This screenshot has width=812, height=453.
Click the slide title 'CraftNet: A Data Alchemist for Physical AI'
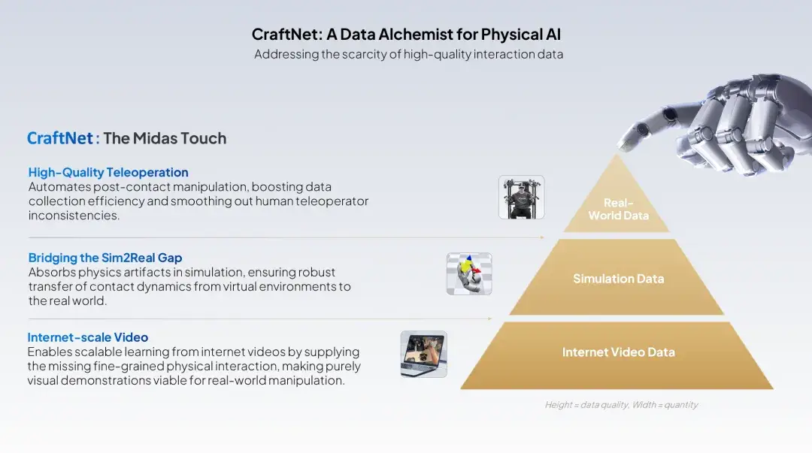coord(406,34)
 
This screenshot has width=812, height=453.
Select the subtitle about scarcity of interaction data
coord(408,54)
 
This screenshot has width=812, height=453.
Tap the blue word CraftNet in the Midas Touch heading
coord(60,138)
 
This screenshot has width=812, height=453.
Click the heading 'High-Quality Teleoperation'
coord(108,172)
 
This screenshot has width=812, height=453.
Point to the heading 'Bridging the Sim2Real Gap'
coord(105,258)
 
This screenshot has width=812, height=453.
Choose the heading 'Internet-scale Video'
coord(87,337)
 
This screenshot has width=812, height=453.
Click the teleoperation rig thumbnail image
coord(522,198)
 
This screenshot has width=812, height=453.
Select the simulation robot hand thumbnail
coord(469,274)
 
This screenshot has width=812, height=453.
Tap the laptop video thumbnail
coord(423,354)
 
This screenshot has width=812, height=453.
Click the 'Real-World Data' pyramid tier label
coord(618,209)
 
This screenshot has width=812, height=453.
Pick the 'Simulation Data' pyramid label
coord(618,279)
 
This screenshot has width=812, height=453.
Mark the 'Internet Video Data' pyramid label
coord(618,352)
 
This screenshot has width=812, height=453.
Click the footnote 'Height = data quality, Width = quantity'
coord(621,405)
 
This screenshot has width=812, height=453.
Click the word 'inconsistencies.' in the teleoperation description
coord(74,216)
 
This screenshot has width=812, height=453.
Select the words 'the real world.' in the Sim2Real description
coord(68,300)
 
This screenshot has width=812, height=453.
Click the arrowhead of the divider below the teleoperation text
coord(542,237)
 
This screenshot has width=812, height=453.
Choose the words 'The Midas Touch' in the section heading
coord(165,138)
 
